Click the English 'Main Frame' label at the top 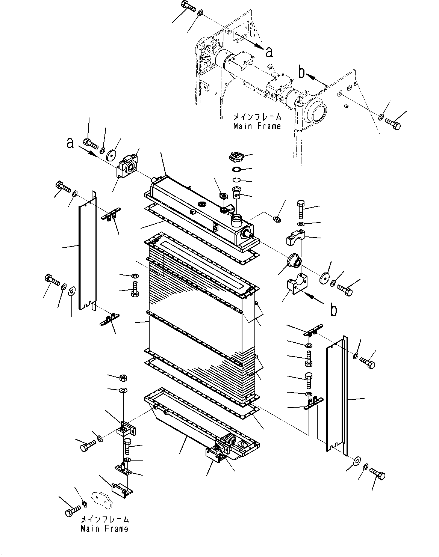(x=257, y=126)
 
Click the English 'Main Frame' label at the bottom (x=104, y=528)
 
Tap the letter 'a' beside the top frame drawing (x=269, y=52)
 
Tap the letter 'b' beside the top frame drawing (x=301, y=72)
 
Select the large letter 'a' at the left (x=70, y=143)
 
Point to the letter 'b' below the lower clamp (x=333, y=310)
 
